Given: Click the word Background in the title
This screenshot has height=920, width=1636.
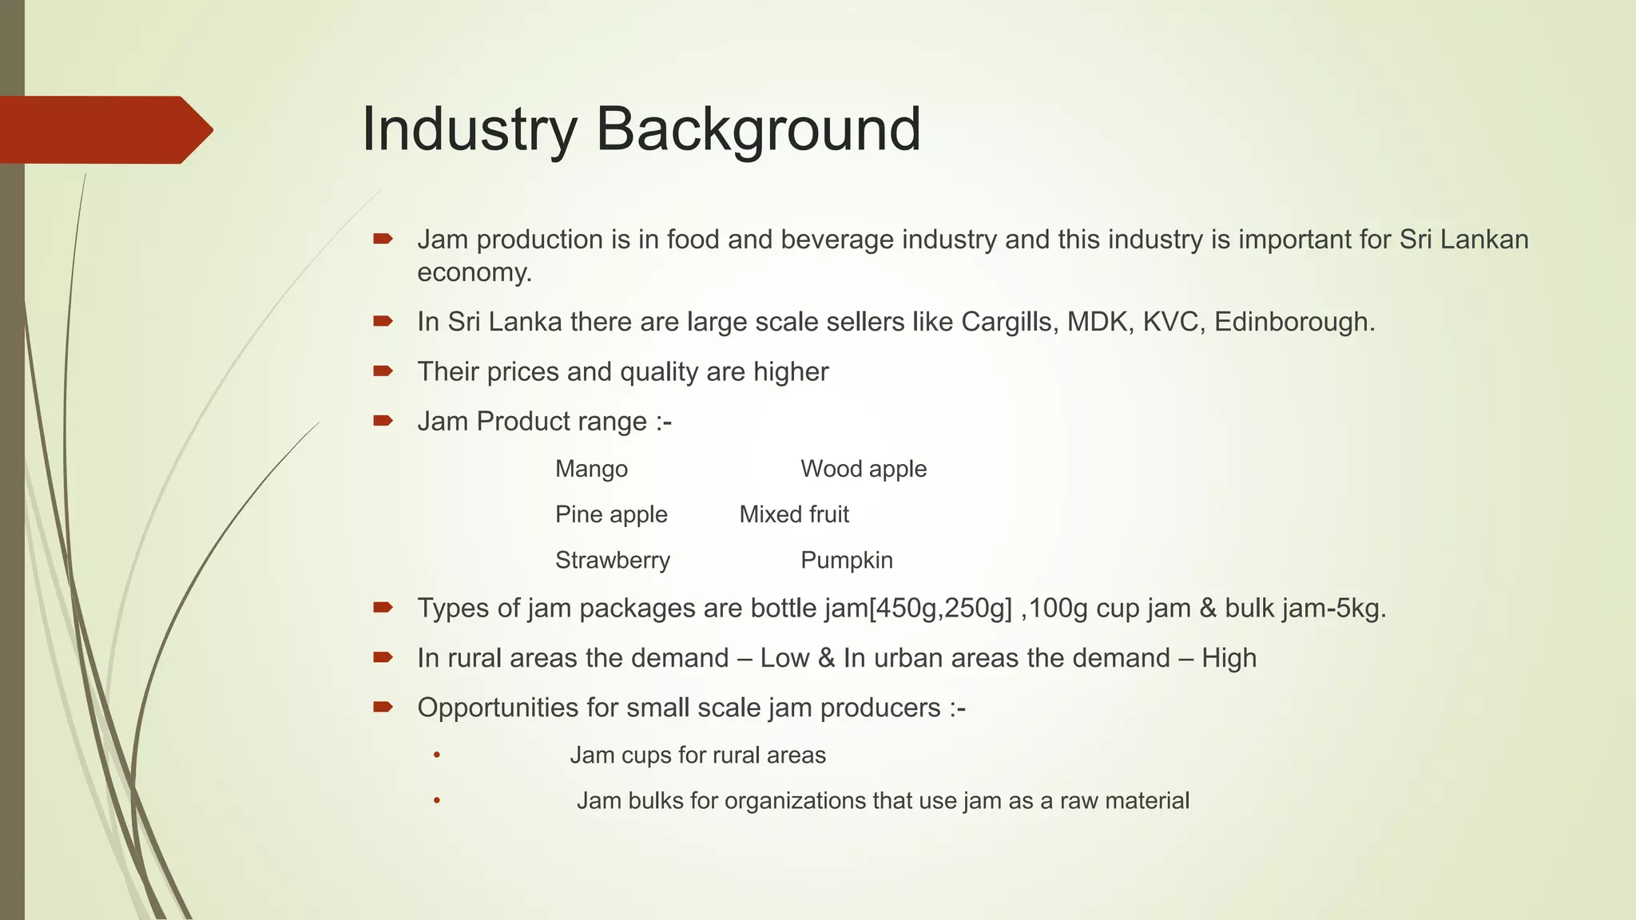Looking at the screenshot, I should click(758, 129).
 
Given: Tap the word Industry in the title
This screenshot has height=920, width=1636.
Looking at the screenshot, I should click(470, 129).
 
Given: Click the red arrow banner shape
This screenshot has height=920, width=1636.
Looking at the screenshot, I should click(104, 130).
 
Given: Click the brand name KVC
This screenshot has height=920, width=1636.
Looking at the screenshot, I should click(1173, 322).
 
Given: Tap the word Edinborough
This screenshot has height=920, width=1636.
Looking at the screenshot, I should click(1293, 322).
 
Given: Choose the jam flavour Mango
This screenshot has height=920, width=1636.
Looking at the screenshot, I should click(591, 469).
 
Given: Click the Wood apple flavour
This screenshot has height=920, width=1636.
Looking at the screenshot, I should click(863, 469).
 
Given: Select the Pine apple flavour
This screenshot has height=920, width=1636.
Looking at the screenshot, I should click(611, 514).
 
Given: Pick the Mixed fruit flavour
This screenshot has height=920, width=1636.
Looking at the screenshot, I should click(793, 514).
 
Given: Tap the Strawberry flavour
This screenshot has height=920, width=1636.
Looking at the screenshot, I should click(613, 560).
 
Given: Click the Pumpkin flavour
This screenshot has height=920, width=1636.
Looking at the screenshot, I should click(846, 560).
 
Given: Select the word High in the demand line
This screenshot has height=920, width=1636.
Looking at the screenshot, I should click(1229, 658).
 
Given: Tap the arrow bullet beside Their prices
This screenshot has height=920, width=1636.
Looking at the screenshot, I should click(383, 371).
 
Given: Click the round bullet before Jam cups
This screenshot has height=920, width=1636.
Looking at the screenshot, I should click(437, 755).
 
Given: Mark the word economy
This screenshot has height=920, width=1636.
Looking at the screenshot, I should click(474, 273).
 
